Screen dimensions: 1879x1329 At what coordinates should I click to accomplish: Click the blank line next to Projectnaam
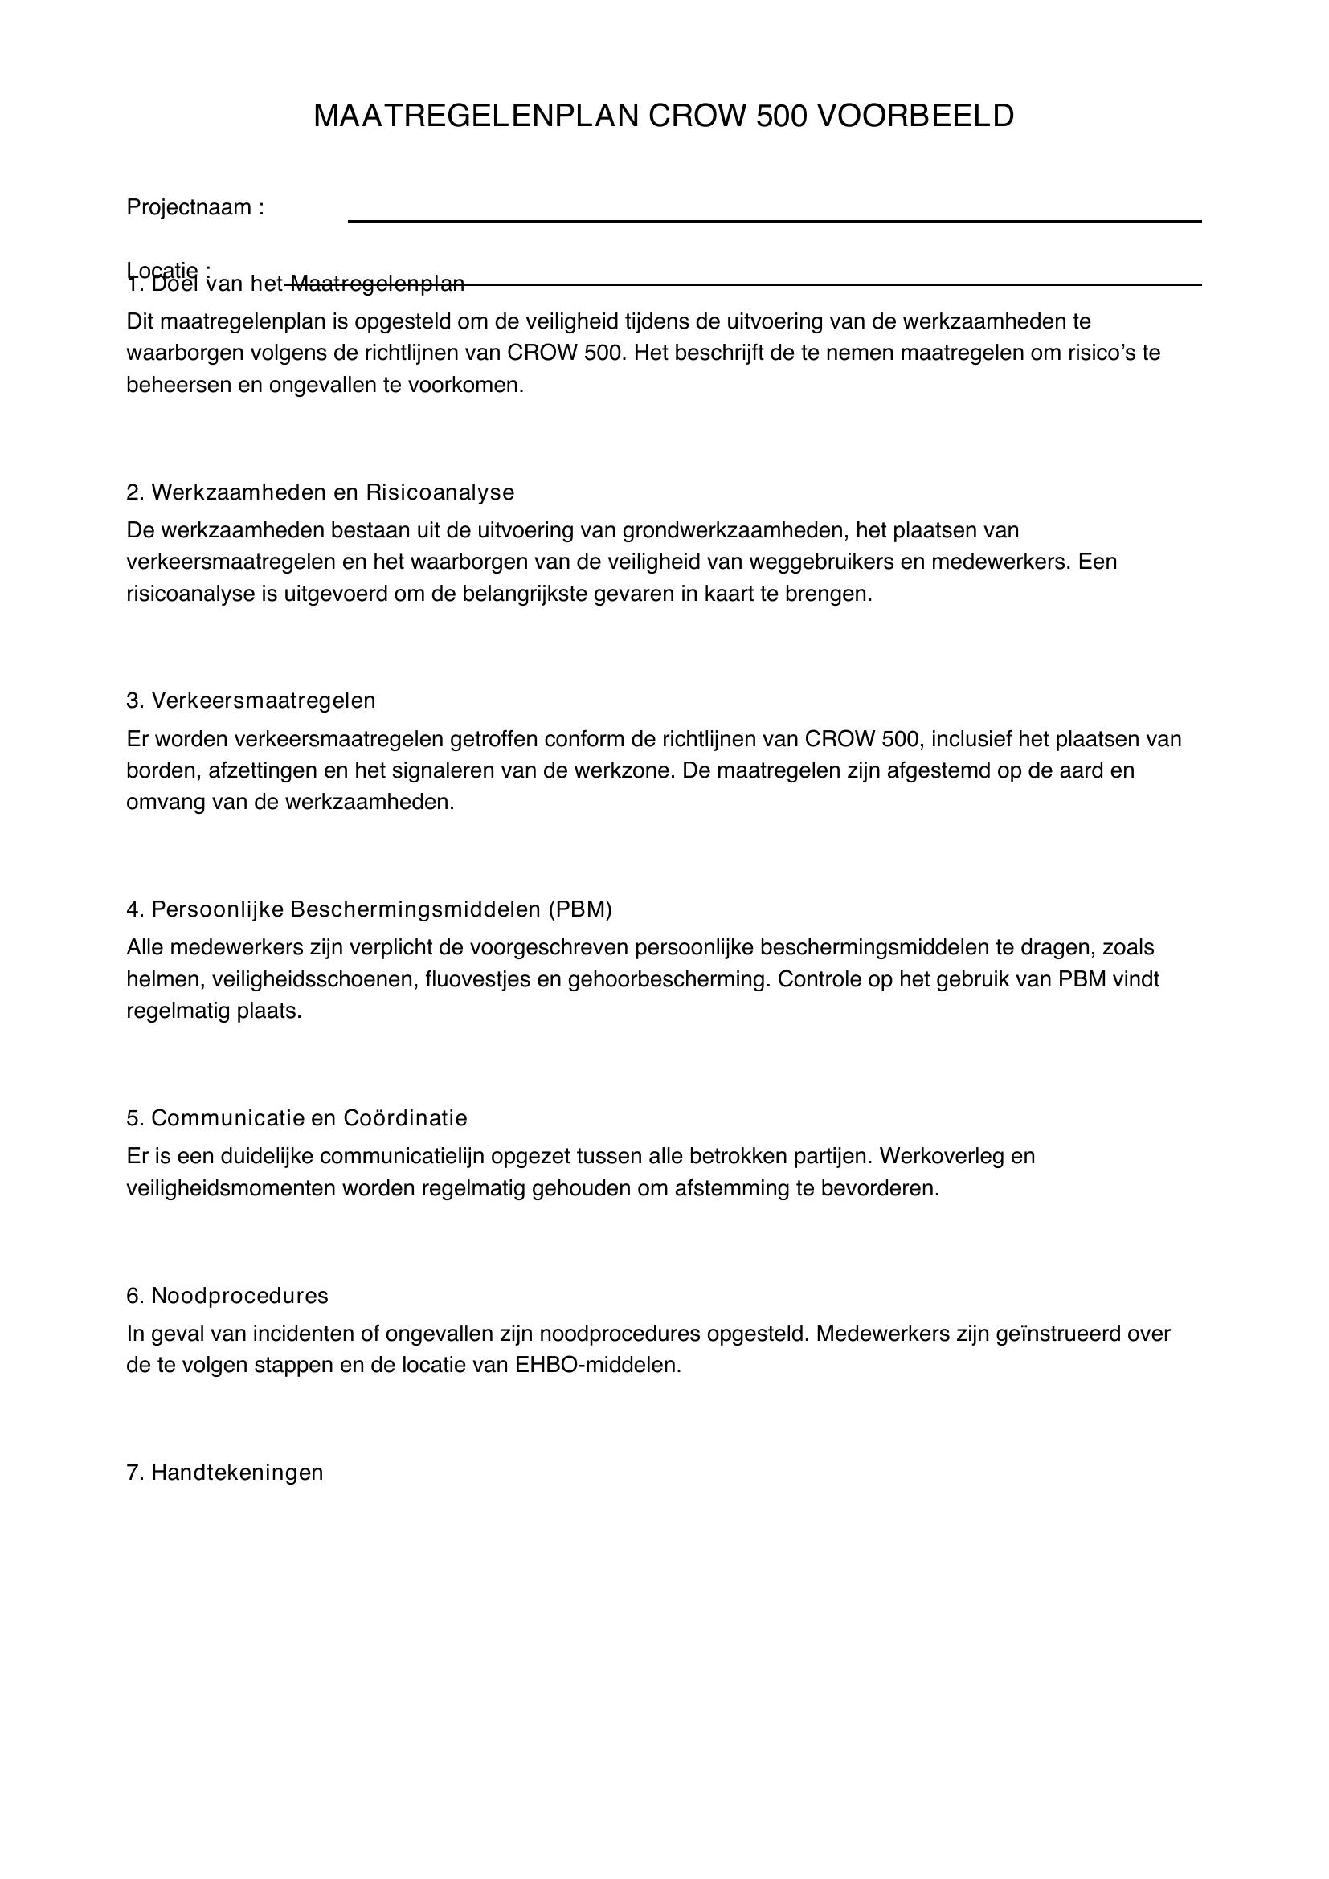coord(774,219)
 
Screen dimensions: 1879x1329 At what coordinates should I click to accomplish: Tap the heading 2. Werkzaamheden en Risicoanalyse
coord(320,492)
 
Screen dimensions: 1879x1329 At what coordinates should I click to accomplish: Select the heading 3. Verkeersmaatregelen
coord(251,701)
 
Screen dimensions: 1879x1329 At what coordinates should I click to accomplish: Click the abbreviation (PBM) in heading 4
coord(580,909)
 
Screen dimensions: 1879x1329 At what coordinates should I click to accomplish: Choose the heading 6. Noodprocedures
coord(227,1296)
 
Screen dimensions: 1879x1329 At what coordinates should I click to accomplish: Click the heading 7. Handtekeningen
coord(224,1473)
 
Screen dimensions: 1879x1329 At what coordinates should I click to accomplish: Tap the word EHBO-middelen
coord(599,1366)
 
